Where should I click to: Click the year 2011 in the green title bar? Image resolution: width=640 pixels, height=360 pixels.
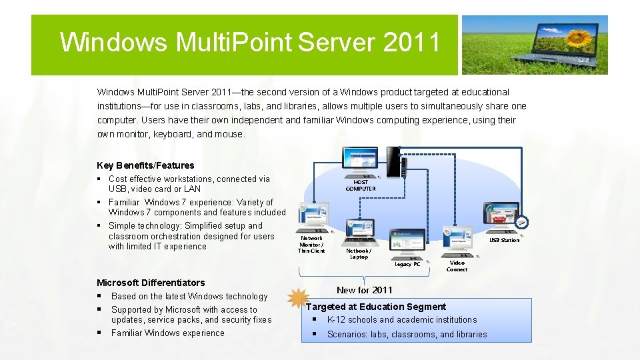[411, 42]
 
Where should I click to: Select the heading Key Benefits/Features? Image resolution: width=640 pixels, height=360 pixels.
[145, 165]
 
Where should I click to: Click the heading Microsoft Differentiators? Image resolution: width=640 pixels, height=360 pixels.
[151, 283]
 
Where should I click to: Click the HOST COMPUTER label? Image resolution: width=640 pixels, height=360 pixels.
[361, 185]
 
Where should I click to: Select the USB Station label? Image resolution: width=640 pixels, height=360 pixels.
[504, 240]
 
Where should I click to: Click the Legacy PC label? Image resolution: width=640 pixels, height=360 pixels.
[407, 264]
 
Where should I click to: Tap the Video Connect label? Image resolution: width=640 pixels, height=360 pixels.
[457, 266]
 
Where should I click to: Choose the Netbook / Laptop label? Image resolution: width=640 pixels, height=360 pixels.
[359, 254]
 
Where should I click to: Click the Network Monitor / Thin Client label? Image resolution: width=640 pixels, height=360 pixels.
[311, 244]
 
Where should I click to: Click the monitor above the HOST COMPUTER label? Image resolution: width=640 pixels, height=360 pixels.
[360, 159]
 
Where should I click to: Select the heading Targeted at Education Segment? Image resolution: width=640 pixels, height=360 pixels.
[376, 307]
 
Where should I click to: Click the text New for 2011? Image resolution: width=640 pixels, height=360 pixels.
[365, 290]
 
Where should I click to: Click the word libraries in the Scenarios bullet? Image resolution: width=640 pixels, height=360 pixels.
[471, 334]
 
